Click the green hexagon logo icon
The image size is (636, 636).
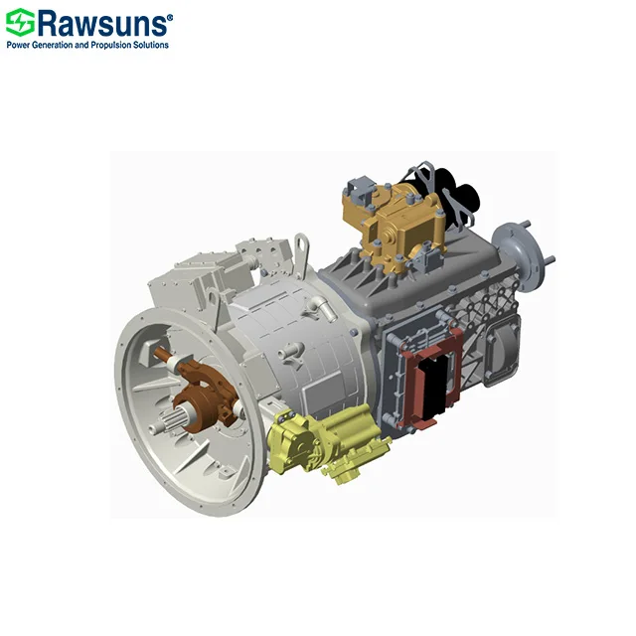(x=19, y=22)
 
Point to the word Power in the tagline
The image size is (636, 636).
(x=19, y=45)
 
